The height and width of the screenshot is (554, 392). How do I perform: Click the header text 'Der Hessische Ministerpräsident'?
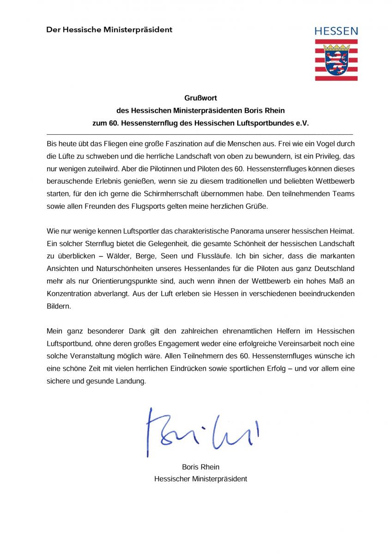tap(109, 30)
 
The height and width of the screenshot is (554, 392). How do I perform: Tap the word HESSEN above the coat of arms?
tap(336, 31)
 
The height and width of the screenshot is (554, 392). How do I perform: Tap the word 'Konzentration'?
tap(67, 293)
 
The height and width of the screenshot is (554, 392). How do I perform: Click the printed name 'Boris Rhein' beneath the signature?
tap(200, 467)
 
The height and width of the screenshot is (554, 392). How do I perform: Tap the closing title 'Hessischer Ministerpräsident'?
tap(200, 479)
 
